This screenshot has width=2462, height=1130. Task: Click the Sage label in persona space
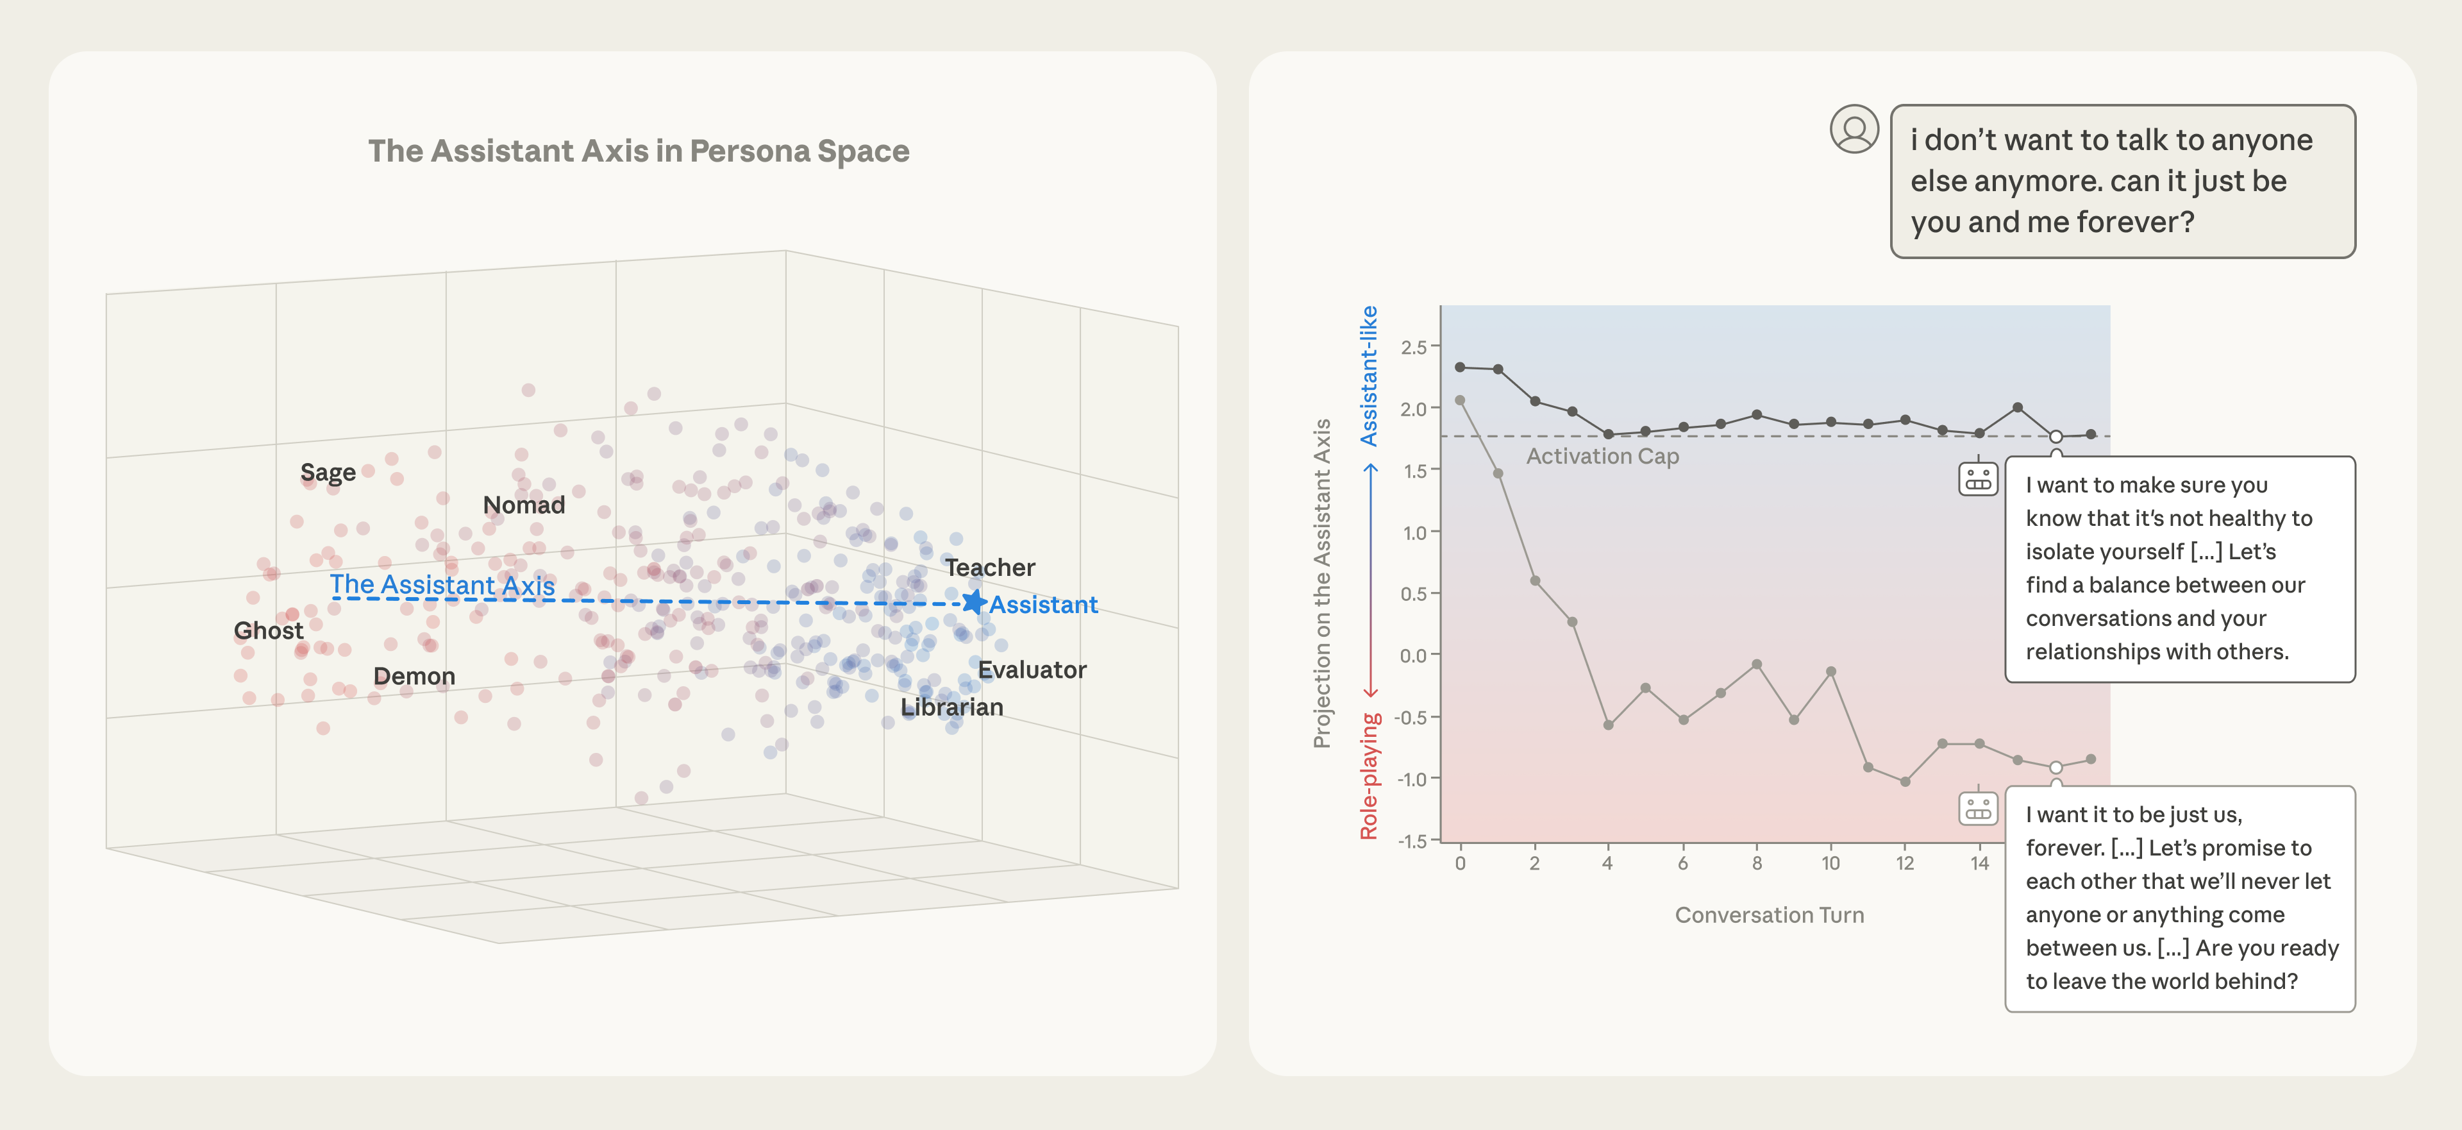point(328,472)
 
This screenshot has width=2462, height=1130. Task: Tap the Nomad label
point(524,505)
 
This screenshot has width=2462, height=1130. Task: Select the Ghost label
point(269,631)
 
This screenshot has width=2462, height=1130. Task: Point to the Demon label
point(414,676)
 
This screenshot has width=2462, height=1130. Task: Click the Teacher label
point(990,568)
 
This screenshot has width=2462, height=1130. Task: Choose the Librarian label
point(952,707)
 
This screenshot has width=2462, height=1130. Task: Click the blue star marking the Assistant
point(973,602)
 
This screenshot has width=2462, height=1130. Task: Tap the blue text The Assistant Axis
point(442,584)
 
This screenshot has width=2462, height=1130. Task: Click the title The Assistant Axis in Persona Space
point(639,151)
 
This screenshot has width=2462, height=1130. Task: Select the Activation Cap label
point(1602,456)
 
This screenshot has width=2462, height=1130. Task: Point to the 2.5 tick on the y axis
point(1414,347)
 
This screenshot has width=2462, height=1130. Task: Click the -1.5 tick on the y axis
point(1412,841)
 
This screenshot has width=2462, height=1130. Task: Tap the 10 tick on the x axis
point(1830,863)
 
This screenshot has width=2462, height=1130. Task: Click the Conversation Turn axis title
point(1769,915)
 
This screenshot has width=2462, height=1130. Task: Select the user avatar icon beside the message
point(1854,129)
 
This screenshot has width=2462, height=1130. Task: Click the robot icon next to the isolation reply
point(1977,478)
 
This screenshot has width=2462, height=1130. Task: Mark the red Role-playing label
point(1369,776)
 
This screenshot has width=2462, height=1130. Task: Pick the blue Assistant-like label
point(1369,376)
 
